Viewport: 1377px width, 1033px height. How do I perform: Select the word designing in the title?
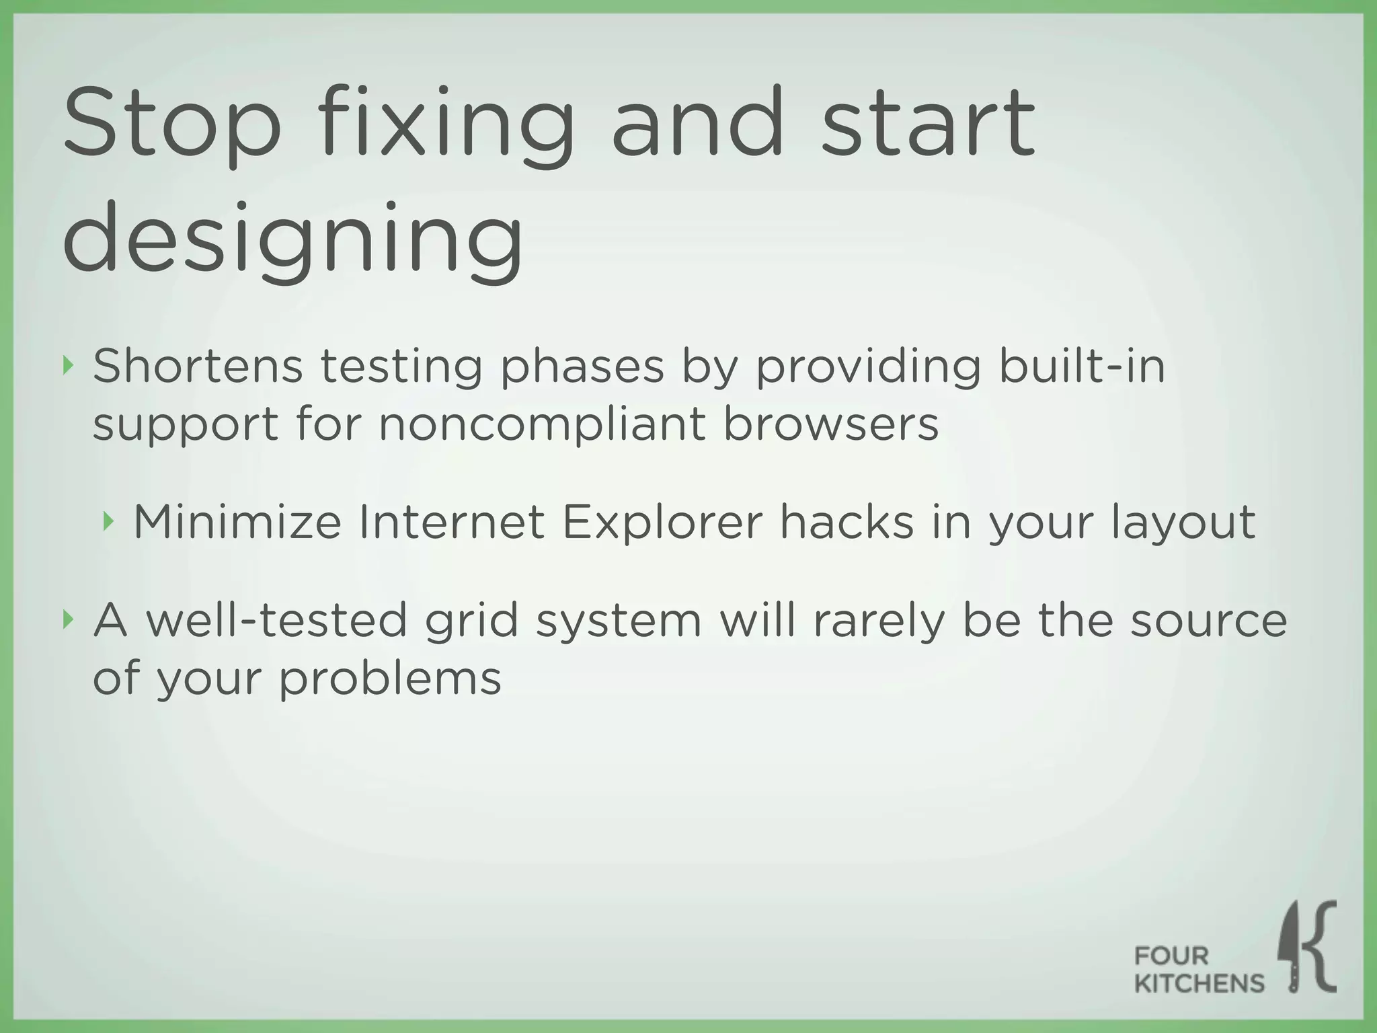(292, 240)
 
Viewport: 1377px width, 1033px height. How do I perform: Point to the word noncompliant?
(542, 425)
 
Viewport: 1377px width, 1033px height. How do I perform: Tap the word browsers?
(830, 425)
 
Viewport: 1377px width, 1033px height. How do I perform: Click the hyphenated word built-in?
(1081, 367)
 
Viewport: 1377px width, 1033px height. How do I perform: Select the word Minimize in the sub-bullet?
(237, 522)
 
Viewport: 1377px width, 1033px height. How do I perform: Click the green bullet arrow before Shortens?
(67, 367)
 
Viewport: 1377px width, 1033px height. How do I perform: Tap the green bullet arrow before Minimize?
(107, 521)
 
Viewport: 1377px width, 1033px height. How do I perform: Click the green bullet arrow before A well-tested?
(67, 619)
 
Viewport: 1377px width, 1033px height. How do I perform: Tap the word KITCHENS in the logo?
(1199, 984)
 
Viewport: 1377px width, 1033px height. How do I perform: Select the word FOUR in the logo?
(1171, 955)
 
